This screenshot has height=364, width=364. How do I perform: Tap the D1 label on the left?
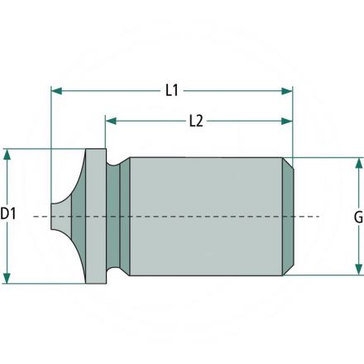(x=9, y=214)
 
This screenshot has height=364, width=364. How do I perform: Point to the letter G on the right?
(x=357, y=217)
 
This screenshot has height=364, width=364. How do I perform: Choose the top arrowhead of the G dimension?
(x=357, y=163)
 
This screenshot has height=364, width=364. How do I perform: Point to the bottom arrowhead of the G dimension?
(x=357, y=269)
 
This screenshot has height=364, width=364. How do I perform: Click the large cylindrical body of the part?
(x=207, y=216)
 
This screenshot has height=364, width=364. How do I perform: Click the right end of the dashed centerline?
(x=318, y=216)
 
